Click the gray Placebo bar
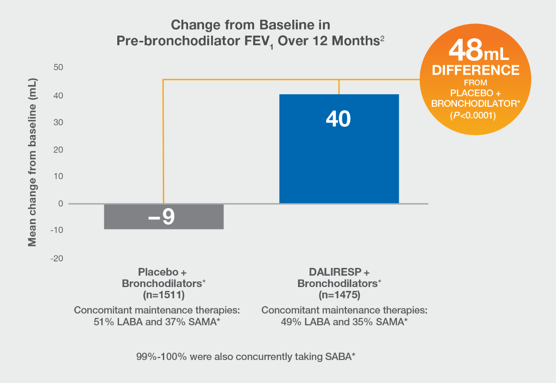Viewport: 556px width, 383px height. point(164,217)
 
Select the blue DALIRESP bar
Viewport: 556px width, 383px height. point(339,149)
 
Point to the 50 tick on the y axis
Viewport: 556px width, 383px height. point(58,67)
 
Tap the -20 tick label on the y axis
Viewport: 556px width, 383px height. point(57,258)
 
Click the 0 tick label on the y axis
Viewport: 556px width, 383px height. point(61,204)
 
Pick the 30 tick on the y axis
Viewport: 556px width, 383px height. point(58,122)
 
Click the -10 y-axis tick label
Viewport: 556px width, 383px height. point(57,230)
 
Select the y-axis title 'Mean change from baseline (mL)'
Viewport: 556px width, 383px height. point(32,162)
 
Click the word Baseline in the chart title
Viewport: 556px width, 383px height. point(287,25)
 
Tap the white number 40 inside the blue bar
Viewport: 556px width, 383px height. point(338,119)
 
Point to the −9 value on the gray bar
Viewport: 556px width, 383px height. point(162,217)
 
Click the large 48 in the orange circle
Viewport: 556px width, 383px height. point(466,50)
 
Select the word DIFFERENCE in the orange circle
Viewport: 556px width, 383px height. point(476,70)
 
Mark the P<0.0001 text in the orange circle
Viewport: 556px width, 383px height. point(473,116)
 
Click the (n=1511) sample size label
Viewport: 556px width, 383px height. point(164,295)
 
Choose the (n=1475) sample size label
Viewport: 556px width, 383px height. point(339,295)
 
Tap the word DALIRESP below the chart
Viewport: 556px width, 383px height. point(335,272)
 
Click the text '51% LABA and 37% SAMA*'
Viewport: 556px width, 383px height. point(157,322)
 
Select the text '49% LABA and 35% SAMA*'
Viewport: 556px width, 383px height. point(344,322)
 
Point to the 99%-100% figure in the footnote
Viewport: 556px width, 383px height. point(161,357)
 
